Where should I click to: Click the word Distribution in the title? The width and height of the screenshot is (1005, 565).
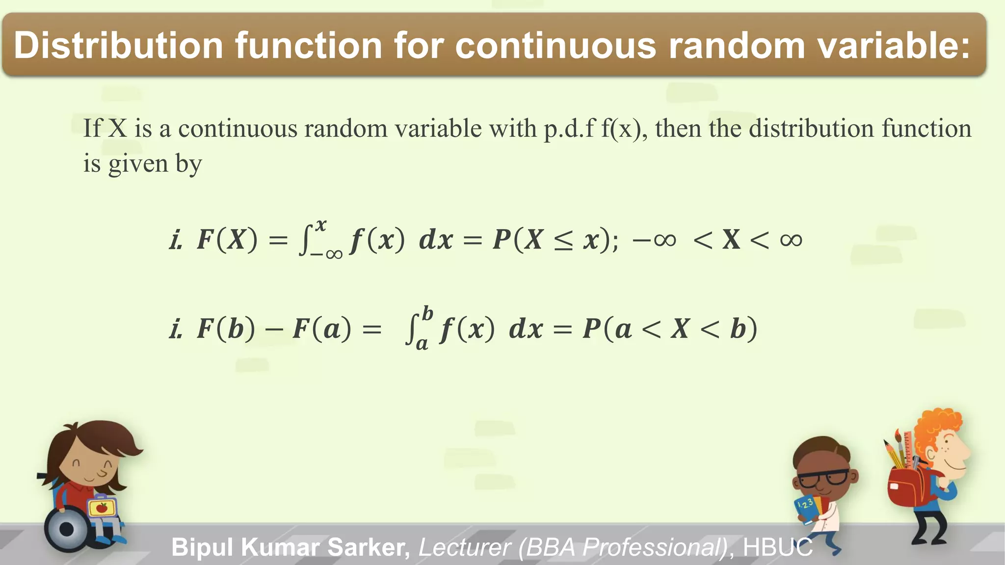point(118,45)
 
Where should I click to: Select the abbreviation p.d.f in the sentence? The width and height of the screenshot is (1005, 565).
point(569,128)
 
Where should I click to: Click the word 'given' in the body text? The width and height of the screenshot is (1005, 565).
point(138,164)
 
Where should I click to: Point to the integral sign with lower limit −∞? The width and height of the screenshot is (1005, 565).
point(306,240)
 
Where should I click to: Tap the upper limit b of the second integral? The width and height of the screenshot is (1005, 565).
point(428,313)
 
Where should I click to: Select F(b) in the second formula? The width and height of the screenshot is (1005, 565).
point(226,329)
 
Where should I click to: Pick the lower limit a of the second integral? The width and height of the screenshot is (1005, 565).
point(422,344)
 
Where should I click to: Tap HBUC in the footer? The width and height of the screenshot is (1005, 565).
point(777,547)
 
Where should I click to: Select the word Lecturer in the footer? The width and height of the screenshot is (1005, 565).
point(464,547)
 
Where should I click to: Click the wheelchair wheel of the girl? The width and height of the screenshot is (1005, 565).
point(66,529)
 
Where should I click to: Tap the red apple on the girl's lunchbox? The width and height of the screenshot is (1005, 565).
point(102,507)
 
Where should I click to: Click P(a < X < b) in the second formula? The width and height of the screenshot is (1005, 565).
point(670,329)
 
